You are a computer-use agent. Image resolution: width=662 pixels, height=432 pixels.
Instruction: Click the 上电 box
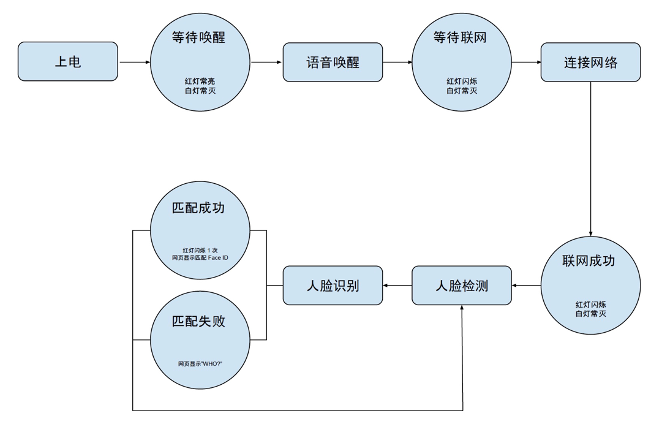pos(67,61)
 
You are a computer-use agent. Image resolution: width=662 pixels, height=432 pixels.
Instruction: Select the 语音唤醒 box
pos(333,62)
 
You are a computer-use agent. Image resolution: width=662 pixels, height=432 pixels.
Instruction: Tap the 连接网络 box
pos(590,62)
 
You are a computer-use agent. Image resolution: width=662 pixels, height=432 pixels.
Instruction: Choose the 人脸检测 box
pos(461,286)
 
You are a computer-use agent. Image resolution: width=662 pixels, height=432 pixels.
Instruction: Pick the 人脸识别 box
pos(333,286)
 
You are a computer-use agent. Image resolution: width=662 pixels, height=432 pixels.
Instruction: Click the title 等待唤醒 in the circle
pos(198,37)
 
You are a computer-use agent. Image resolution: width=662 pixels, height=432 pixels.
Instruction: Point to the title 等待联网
pos(460,37)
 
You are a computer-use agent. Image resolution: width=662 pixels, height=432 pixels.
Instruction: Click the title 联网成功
pos(589,260)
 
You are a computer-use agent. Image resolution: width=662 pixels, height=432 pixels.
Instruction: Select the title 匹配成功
pos(198,208)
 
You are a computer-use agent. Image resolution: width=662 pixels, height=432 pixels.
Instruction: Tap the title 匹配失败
pos(198,321)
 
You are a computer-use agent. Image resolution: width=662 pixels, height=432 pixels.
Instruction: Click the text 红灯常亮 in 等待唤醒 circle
pos(200,81)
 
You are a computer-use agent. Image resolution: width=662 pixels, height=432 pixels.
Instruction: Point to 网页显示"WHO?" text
pos(200,364)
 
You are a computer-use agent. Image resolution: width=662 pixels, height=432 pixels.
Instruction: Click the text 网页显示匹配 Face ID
pos(200,258)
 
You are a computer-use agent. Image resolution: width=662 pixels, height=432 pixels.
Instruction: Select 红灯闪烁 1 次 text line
pos(200,250)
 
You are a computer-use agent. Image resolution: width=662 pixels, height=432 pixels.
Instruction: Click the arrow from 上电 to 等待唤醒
pos(134,62)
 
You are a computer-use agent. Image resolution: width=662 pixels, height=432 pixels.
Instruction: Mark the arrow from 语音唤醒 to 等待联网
pos(397,62)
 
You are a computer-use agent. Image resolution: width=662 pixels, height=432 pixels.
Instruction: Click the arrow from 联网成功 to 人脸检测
pos(526,286)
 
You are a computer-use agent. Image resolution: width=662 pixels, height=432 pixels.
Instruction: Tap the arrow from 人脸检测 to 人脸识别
pos(397,286)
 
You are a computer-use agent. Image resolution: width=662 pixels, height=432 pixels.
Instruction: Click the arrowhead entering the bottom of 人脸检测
pos(461,309)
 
